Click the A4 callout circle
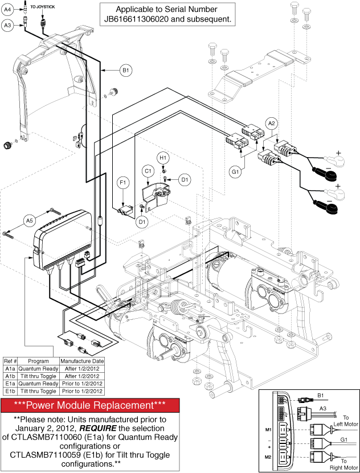(7, 9)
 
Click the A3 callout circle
(7, 25)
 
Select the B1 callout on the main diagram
(126, 71)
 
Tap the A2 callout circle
(272, 123)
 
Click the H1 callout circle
(163, 157)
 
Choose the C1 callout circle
(148, 170)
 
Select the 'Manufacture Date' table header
(81, 361)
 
